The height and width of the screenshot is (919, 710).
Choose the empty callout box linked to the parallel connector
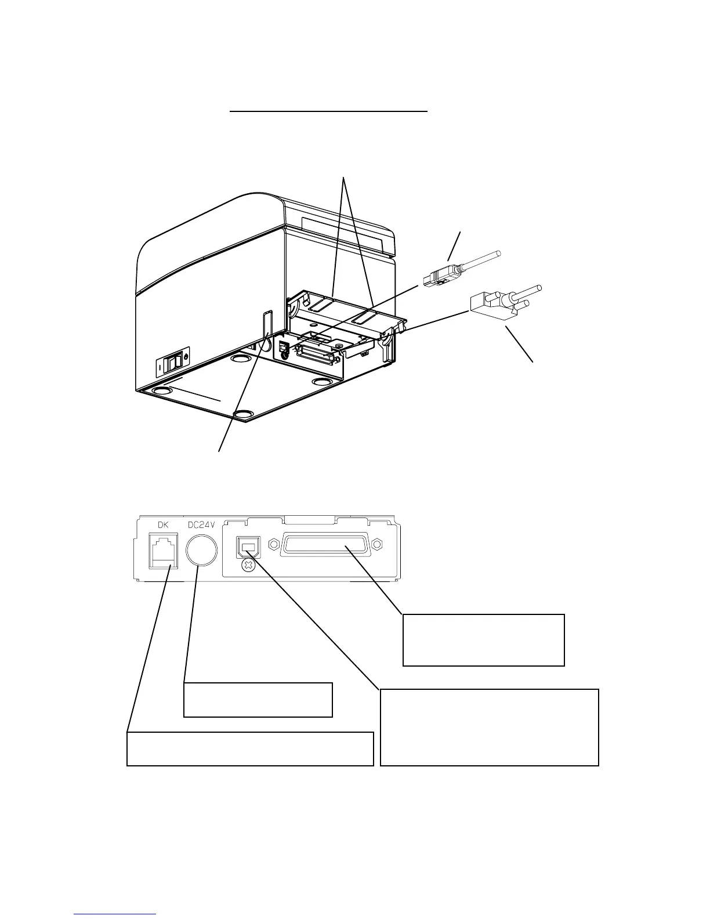point(483,639)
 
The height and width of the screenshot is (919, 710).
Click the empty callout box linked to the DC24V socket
point(258,700)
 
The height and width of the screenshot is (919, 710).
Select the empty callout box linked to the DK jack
point(249,748)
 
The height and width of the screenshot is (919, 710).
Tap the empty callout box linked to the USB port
point(489,727)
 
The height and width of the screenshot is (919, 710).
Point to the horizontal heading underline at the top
point(328,109)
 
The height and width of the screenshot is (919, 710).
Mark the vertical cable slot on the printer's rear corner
point(267,325)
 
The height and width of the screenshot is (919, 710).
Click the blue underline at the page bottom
point(115,915)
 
